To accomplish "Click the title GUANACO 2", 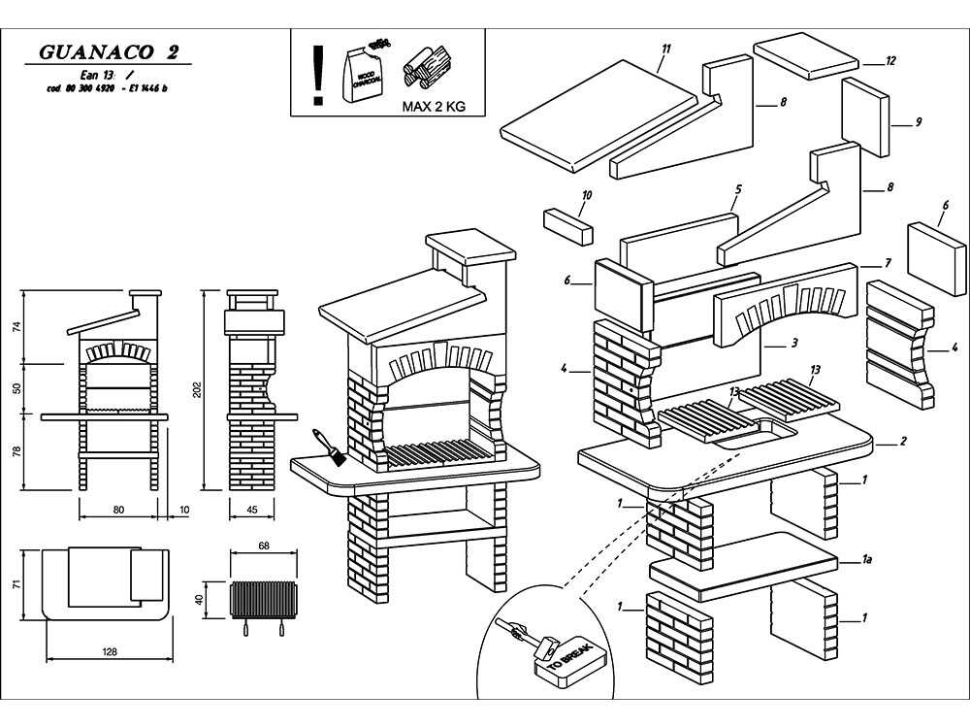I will (x=109, y=52).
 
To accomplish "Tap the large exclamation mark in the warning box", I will (x=316, y=76).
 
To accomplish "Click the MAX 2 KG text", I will (x=434, y=107).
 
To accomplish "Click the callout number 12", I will (x=890, y=60).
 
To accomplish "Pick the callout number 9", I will (x=918, y=122).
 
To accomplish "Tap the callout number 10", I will (x=586, y=194).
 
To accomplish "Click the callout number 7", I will (x=887, y=263).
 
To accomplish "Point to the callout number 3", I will (x=793, y=343).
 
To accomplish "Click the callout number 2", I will (x=903, y=442).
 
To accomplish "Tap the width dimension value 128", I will (x=110, y=652).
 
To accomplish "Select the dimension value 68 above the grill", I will (x=263, y=546).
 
